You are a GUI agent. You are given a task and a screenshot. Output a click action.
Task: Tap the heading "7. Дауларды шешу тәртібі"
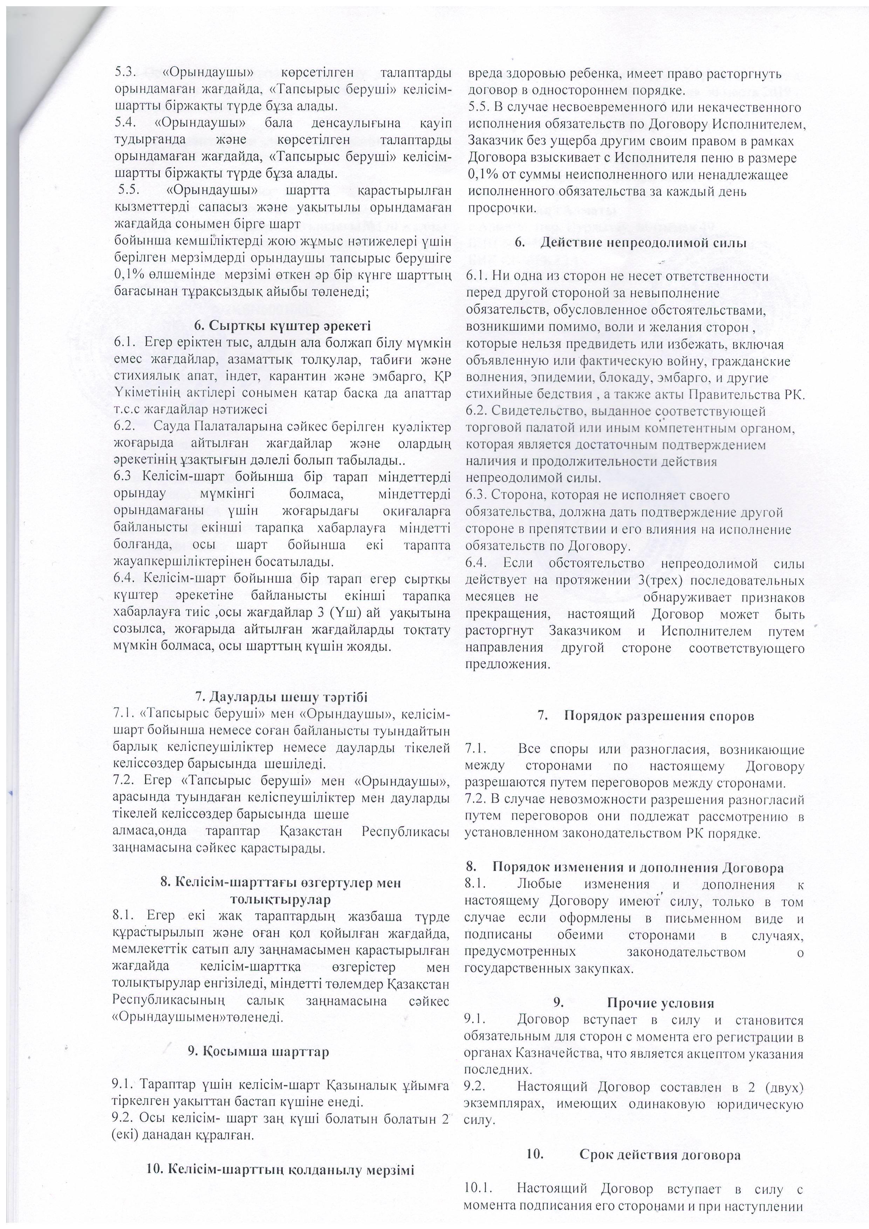(281, 697)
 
